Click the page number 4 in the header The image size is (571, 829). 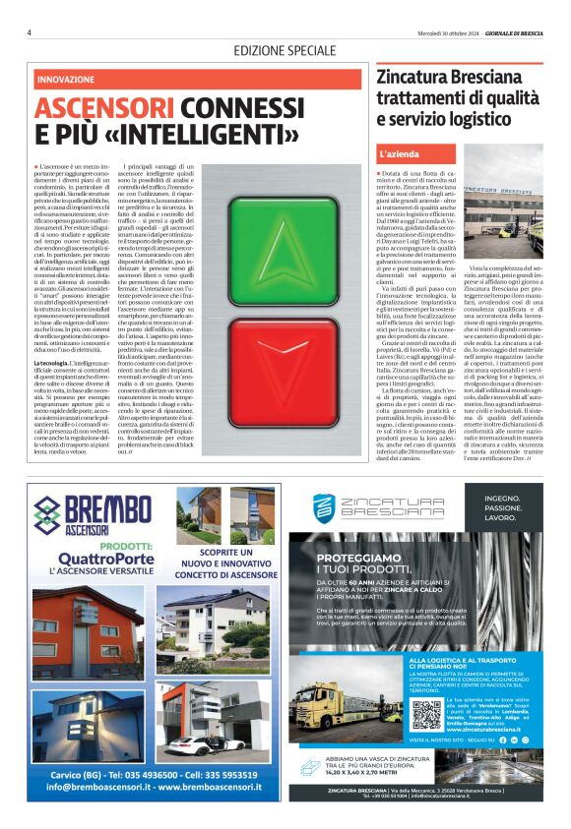point(30,31)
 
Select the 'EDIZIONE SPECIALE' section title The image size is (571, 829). point(285,50)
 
